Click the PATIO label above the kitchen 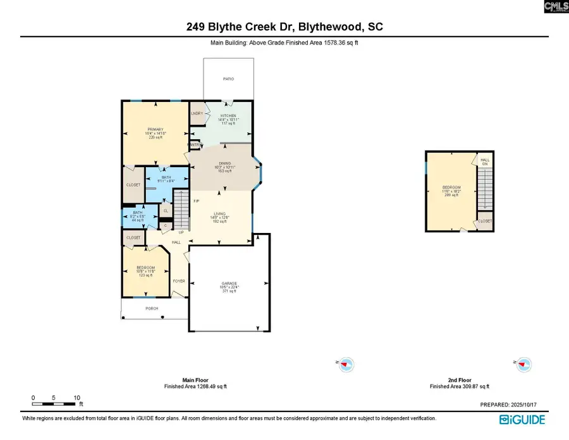click(x=228, y=79)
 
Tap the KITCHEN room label click(x=228, y=116)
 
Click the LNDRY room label click(x=197, y=113)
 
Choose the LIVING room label click(x=219, y=214)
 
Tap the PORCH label click(x=152, y=308)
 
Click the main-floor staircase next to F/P click(x=181, y=210)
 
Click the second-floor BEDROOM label click(x=451, y=188)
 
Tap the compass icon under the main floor click(x=346, y=364)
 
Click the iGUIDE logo click(x=522, y=419)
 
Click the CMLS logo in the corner click(x=555, y=7)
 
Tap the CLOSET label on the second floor click(x=485, y=221)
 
